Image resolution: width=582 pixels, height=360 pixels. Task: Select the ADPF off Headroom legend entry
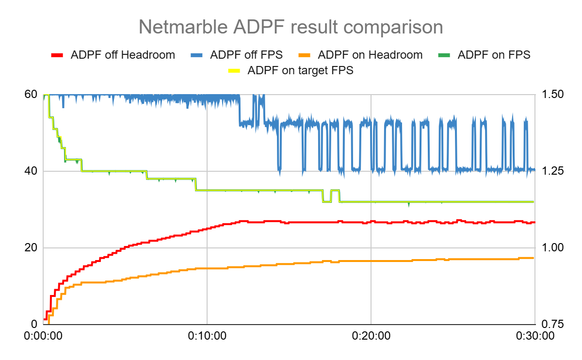pos(123,55)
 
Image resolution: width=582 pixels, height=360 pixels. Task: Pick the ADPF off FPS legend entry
pos(246,55)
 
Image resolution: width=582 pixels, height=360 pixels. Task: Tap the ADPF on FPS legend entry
pos(494,55)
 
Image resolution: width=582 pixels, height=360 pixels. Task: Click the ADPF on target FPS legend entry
pos(300,70)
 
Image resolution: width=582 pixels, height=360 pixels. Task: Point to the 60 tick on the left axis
pos(31,94)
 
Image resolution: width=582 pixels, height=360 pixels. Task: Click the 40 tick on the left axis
pos(31,171)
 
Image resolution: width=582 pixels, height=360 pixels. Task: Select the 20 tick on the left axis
pos(31,248)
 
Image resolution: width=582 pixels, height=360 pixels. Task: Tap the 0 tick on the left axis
pos(34,325)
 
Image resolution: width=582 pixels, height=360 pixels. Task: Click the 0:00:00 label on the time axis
pos(43,336)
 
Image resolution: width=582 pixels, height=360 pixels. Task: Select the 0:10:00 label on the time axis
pos(207,336)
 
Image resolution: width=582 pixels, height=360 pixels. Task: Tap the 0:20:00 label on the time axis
pos(371,336)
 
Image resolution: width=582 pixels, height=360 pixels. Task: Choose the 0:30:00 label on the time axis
pos(534,336)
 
